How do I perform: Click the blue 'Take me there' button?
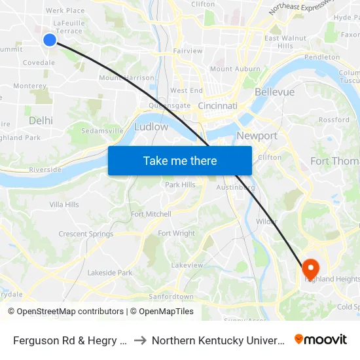(x=180, y=160)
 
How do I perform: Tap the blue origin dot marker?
(x=50, y=40)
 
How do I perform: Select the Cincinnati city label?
(x=217, y=106)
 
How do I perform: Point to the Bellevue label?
(x=275, y=92)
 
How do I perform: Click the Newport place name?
(x=257, y=136)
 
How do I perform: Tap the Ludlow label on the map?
(x=151, y=127)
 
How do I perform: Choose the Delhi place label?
(x=41, y=120)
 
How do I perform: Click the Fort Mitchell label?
(x=151, y=214)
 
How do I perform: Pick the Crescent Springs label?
(x=86, y=234)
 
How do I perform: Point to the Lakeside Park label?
(x=110, y=273)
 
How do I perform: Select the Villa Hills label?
(x=64, y=205)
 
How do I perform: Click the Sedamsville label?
(x=102, y=131)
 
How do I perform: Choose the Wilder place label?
(x=266, y=222)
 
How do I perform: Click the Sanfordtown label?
(x=171, y=297)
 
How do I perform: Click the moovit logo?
(x=321, y=340)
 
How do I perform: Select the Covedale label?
(x=39, y=63)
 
